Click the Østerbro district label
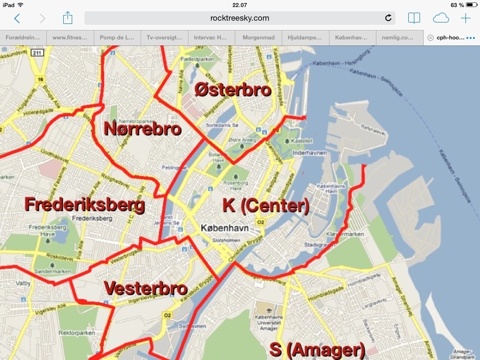point(233,89)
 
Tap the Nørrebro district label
point(142,128)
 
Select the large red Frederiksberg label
point(84,205)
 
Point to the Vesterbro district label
point(145,288)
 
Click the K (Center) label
point(266,205)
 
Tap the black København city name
point(225,228)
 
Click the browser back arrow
point(17,18)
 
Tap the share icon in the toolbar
point(67,18)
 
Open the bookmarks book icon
point(414,18)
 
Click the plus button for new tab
point(465,18)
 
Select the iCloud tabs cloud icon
point(441,18)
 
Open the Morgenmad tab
point(258,37)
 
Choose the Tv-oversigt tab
point(164,37)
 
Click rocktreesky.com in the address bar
point(240,18)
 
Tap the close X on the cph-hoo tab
point(430,37)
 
